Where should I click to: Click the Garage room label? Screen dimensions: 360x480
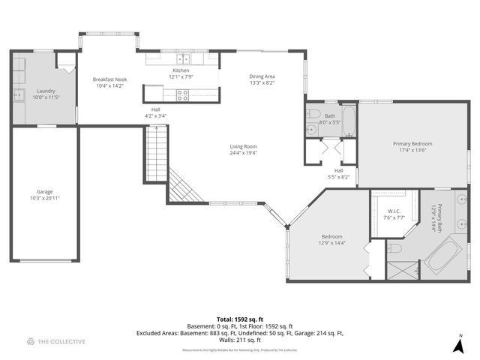click(x=45, y=191)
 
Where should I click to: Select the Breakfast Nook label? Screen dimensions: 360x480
click(x=109, y=79)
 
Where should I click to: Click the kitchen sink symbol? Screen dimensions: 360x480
click(x=183, y=58)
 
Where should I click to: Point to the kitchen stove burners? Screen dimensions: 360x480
click(x=181, y=94)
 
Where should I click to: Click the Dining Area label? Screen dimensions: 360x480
click(x=262, y=76)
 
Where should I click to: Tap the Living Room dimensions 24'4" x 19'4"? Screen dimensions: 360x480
click(x=243, y=153)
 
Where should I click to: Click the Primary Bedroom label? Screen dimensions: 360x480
click(x=412, y=143)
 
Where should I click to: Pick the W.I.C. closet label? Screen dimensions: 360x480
click(x=395, y=211)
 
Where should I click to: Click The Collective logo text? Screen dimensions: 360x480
click(x=61, y=342)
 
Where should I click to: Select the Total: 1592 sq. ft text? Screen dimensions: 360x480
click(x=239, y=319)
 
